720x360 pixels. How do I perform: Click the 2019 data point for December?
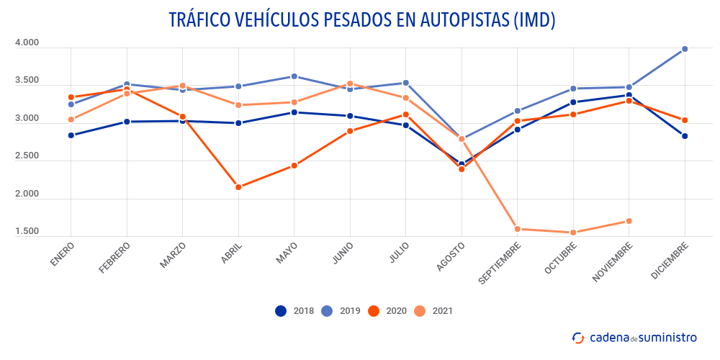[685, 49]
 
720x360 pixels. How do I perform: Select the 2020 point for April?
[238, 187]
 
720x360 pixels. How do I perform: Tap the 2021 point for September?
[518, 229]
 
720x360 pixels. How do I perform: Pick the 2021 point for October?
[573, 233]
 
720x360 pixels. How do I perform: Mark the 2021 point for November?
[629, 221]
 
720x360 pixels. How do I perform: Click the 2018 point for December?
[685, 136]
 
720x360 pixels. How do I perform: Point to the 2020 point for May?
[294, 166]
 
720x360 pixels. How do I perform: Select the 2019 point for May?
[294, 76]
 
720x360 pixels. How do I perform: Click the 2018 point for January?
[71, 135]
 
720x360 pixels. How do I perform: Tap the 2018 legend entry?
[292, 311]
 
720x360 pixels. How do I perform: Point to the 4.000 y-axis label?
[27, 43]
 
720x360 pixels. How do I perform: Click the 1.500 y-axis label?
[27, 231]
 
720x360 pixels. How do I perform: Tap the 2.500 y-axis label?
[27, 156]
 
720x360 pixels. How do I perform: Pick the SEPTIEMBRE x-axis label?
[498, 263]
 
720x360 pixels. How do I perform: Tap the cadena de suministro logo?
[634, 337]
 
